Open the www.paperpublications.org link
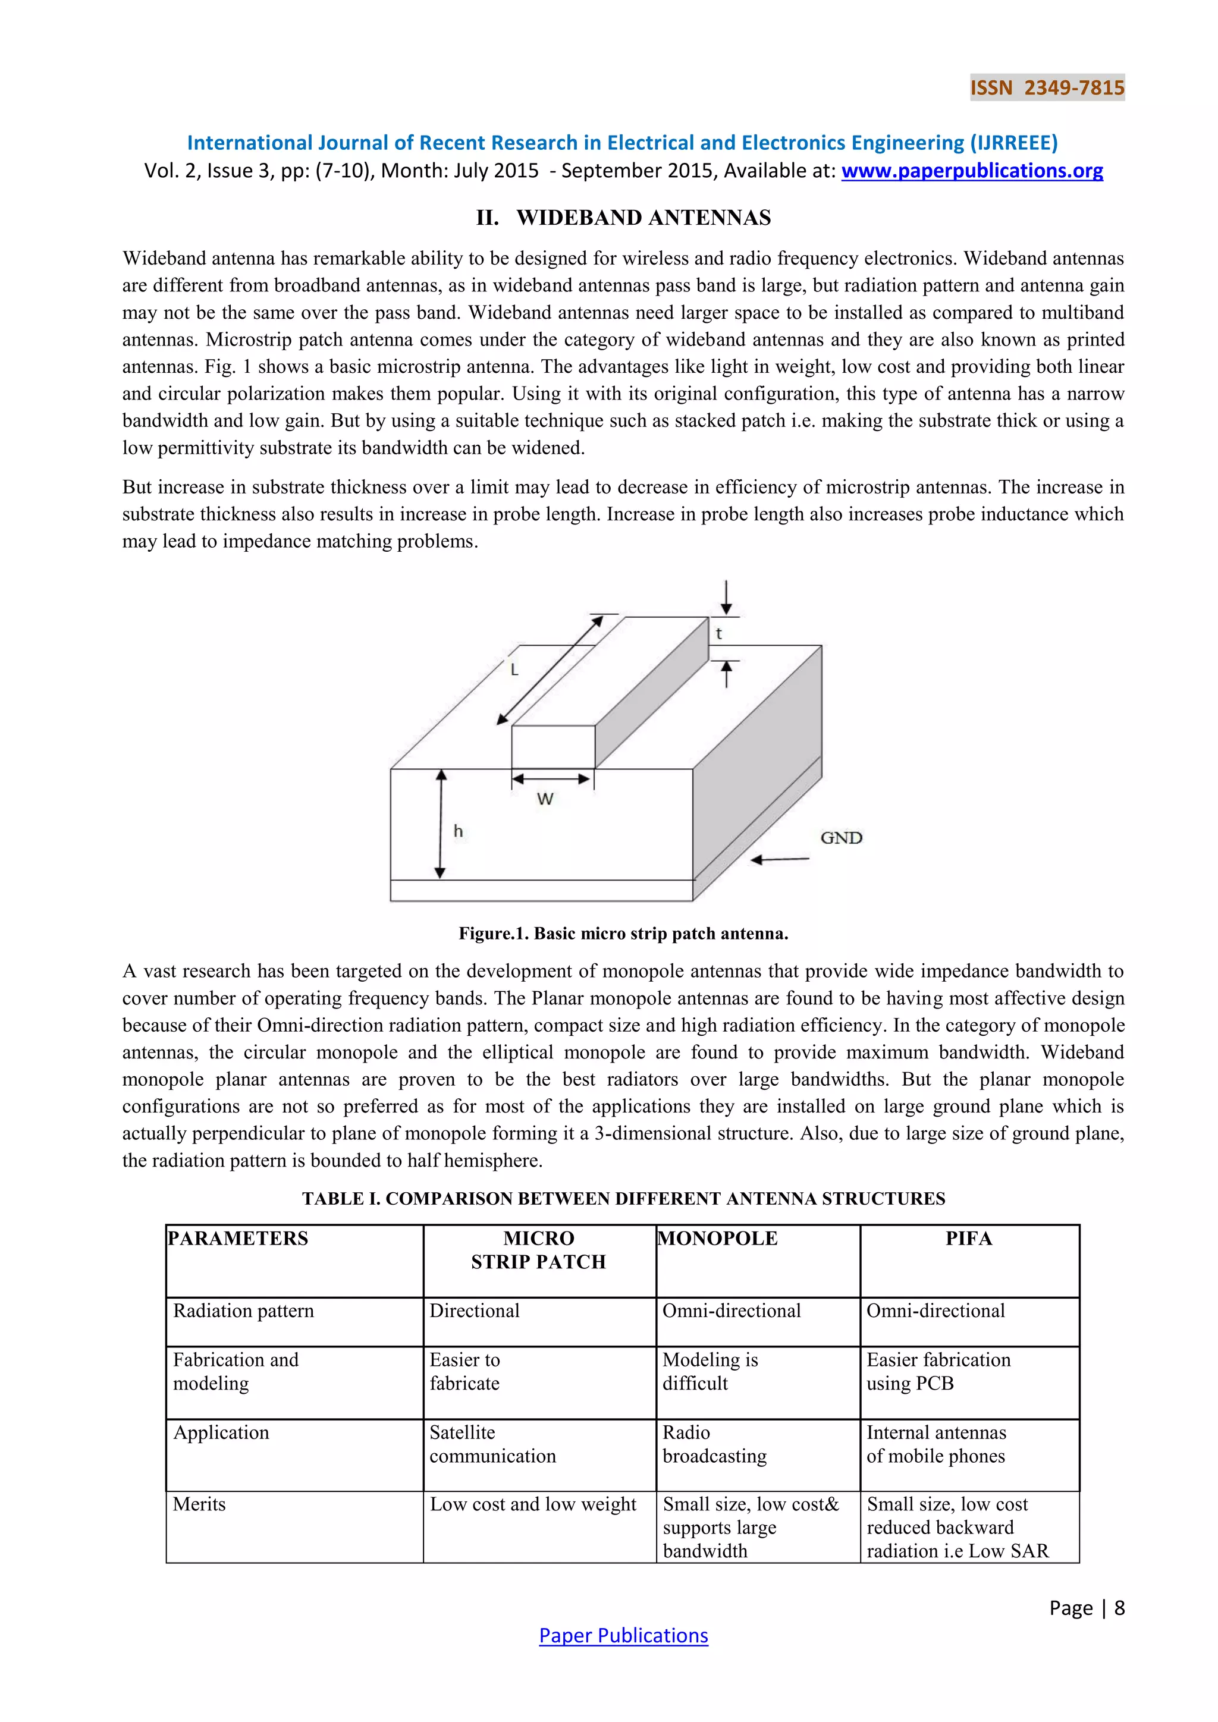[972, 171]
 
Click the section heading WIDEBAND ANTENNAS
[623, 218]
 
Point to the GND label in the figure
[841, 838]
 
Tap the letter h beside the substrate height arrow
[459, 831]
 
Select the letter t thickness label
[718, 634]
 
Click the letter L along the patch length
[514, 670]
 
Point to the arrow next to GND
[780, 859]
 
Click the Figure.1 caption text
[623, 934]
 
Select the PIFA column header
[968, 1238]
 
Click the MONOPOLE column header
[718, 1238]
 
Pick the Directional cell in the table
[475, 1311]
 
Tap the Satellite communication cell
[493, 1444]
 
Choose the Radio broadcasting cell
[715, 1444]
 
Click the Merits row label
[199, 1504]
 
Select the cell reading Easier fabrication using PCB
[938, 1371]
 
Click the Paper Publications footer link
[623, 1636]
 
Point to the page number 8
[1119, 1608]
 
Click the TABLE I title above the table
[623, 1199]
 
